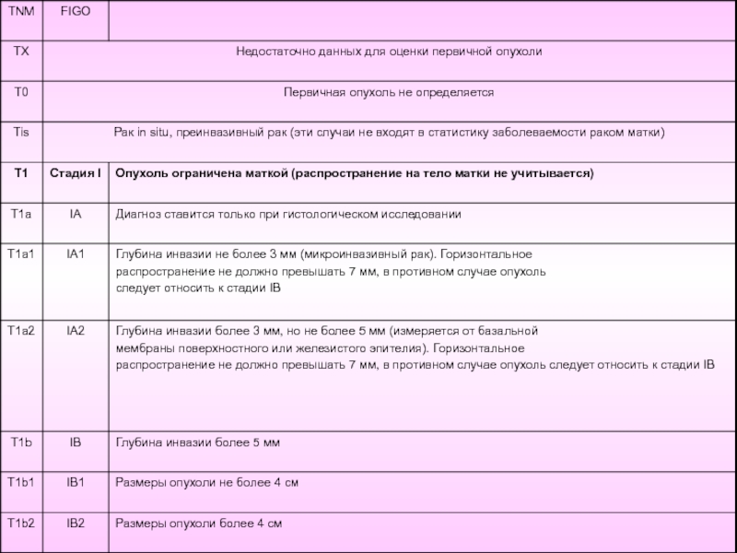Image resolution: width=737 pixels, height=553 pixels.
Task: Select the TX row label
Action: coord(20,52)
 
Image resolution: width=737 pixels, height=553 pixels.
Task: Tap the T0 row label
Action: coord(20,93)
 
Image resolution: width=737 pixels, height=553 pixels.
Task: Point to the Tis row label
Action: coord(20,133)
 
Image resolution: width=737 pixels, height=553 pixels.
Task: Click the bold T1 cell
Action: coord(20,173)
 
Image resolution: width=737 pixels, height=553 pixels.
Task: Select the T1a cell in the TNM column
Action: coord(20,214)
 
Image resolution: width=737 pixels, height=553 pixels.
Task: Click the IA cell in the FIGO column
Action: coord(75,214)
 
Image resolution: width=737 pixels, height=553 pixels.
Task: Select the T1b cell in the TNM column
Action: coord(20,443)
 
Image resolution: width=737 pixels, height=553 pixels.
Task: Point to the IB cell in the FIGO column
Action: coord(75,443)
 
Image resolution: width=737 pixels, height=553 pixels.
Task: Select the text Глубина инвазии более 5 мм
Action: coord(196,443)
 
